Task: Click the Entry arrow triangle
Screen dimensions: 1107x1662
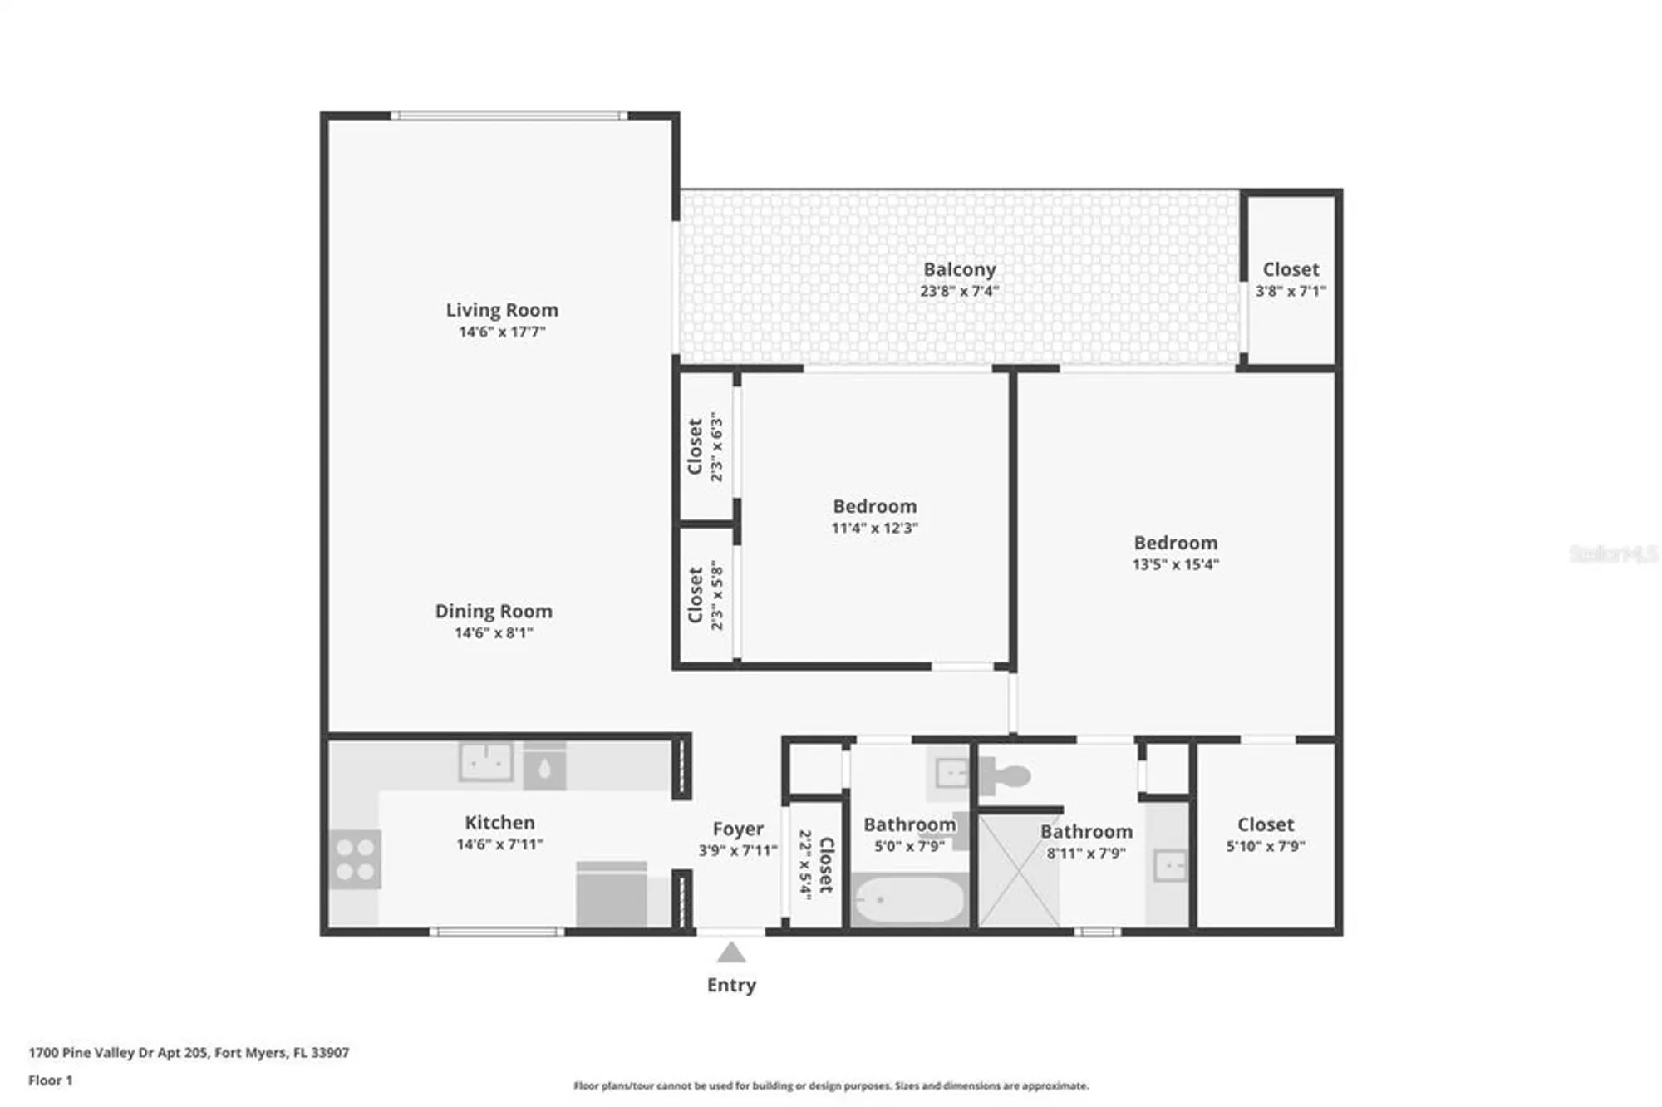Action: pyautogui.click(x=730, y=952)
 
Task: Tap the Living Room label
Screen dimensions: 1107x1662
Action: pyautogui.click(x=502, y=310)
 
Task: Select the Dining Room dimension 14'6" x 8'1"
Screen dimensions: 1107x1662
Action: pyautogui.click(x=494, y=633)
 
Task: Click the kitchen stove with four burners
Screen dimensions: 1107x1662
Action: pyautogui.click(x=356, y=859)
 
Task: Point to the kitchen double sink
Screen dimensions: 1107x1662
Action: pyautogui.click(x=486, y=761)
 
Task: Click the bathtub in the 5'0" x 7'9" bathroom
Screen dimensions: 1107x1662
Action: pyautogui.click(x=910, y=899)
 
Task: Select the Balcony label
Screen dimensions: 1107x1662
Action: pyautogui.click(x=959, y=269)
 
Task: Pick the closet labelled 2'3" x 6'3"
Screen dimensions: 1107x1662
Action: pyautogui.click(x=706, y=446)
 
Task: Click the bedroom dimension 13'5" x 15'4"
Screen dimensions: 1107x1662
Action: pyautogui.click(x=1175, y=565)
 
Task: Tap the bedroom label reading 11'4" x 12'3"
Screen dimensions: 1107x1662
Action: pyautogui.click(x=874, y=529)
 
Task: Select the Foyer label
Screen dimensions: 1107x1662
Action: pyautogui.click(x=737, y=829)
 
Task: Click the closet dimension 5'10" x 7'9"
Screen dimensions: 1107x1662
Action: pyautogui.click(x=1265, y=846)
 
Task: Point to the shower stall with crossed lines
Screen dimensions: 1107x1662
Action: pyautogui.click(x=1019, y=871)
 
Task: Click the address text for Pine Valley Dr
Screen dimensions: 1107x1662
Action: pyautogui.click(x=189, y=1052)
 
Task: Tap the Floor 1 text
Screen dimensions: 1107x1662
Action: pyautogui.click(x=51, y=1080)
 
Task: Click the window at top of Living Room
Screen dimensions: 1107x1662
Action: pyautogui.click(x=509, y=116)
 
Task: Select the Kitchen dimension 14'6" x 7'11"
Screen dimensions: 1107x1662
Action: pyautogui.click(x=499, y=844)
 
